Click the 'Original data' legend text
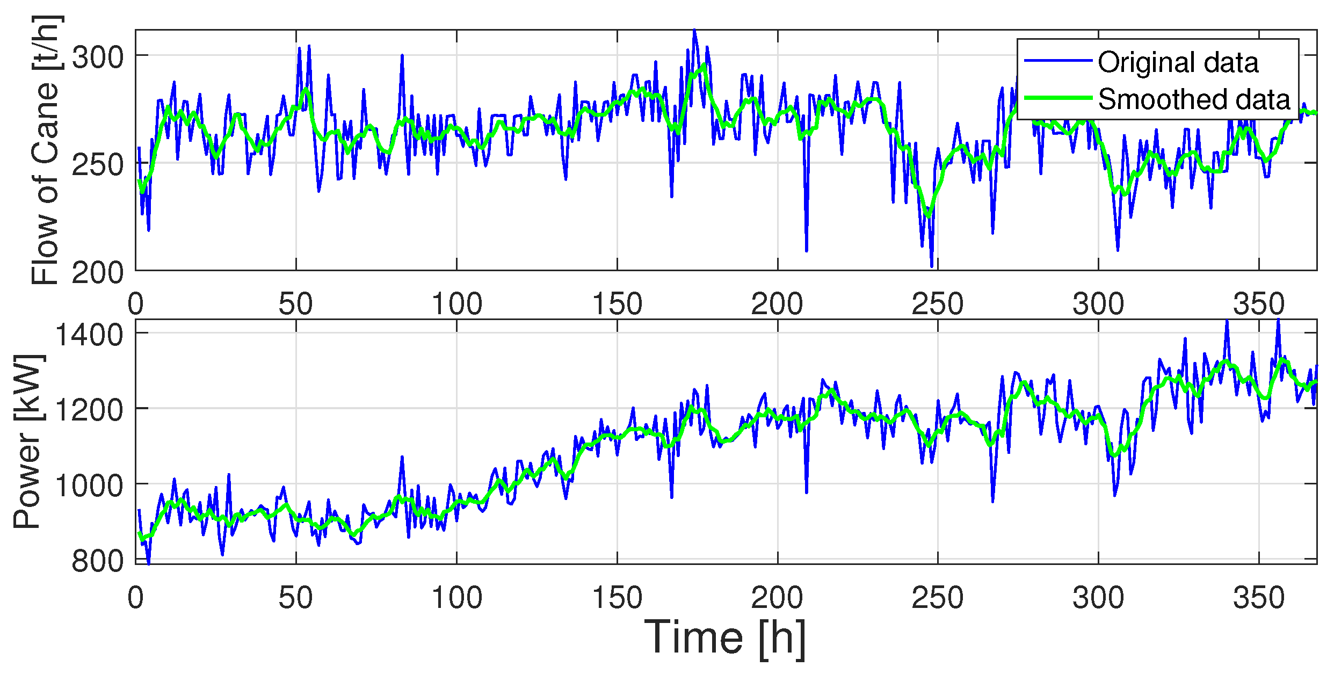tap(1177, 63)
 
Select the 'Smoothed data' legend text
tap(1193, 99)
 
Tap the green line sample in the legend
tap(1058, 98)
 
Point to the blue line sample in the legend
tap(1058, 60)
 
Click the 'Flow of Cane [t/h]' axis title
tap(46, 150)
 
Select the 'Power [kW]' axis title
tap(28, 441)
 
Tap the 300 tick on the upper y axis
tap(98, 57)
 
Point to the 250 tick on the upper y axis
tap(98, 164)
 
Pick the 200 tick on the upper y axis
tap(98, 272)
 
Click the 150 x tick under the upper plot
tap(617, 304)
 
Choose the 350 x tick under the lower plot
tap(1258, 598)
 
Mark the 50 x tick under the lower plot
tap(295, 598)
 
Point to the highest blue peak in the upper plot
tap(694, 31)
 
